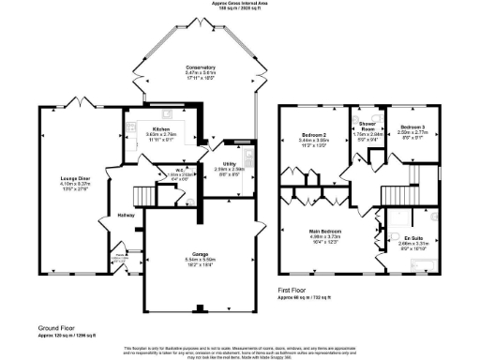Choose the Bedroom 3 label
coord(412,127)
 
